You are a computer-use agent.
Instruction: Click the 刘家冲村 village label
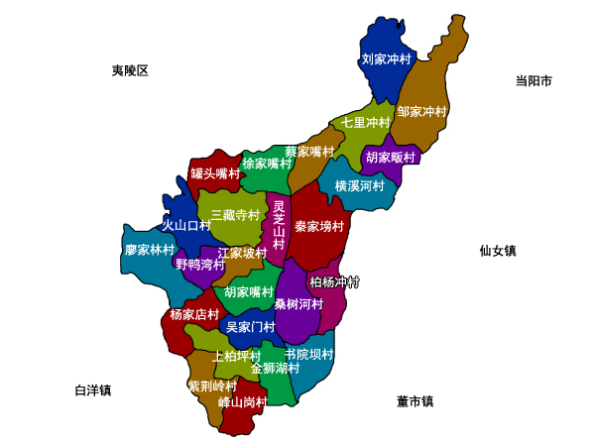(x=386, y=59)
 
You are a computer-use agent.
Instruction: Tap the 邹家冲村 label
(x=422, y=112)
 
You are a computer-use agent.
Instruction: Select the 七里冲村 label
(x=367, y=123)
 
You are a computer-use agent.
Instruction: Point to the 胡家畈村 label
(x=391, y=157)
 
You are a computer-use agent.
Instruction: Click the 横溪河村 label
(x=359, y=185)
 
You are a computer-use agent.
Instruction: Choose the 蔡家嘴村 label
(x=310, y=152)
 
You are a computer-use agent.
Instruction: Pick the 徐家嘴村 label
(x=267, y=164)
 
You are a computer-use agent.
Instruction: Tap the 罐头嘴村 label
(x=216, y=173)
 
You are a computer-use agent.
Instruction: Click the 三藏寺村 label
(x=235, y=215)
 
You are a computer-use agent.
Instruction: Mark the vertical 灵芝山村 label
(x=279, y=225)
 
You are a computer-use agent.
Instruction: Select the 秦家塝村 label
(x=319, y=227)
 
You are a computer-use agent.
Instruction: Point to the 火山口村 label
(x=186, y=226)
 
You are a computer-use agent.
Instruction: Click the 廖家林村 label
(x=150, y=250)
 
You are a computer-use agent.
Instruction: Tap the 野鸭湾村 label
(x=200, y=265)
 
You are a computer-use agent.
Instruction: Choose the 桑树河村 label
(x=299, y=303)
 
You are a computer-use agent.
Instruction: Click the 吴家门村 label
(x=251, y=327)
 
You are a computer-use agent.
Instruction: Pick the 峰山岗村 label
(x=243, y=402)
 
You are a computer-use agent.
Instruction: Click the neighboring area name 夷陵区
(x=130, y=70)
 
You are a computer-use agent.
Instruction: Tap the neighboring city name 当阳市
(x=534, y=81)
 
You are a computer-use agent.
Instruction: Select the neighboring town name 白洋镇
(x=93, y=390)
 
